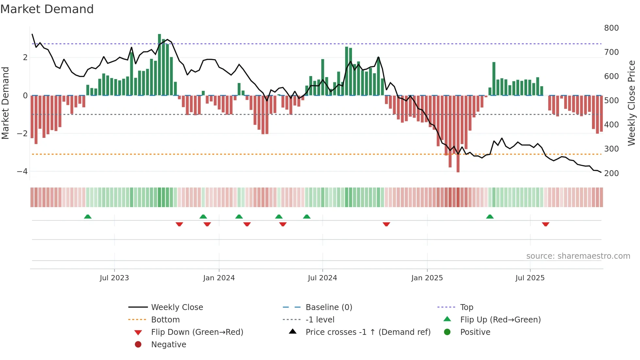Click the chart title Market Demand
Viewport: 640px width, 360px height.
pyautogui.click(x=47, y=9)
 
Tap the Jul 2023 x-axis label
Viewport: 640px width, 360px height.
pyautogui.click(x=114, y=278)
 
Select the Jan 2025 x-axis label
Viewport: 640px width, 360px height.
pyautogui.click(x=427, y=278)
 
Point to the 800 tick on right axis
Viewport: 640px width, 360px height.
pyautogui.click(x=611, y=28)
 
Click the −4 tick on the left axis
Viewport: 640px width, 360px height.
pyautogui.click(x=22, y=172)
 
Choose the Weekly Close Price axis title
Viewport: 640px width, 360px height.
pyautogui.click(x=632, y=103)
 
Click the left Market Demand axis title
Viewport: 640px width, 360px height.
pyautogui.click(x=6, y=103)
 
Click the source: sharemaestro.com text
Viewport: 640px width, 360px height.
pyautogui.click(x=578, y=256)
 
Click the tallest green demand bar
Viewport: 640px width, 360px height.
pyautogui.click(x=159, y=65)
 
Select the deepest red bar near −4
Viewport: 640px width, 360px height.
pyautogui.click(x=458, y=134)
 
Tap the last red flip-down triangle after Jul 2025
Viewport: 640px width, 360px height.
pyautogui.click(x=545, y=224)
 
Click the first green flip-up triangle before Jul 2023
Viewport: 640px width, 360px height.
pyautogui.click(x=88, y=217)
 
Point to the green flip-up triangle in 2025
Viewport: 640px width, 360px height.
pyautogui.click(x=489, y=217)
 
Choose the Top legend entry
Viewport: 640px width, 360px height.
pyautogui.click(x=467, y=307)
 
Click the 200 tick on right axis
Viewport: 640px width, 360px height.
pyautogui.click(x=611, y=173)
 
